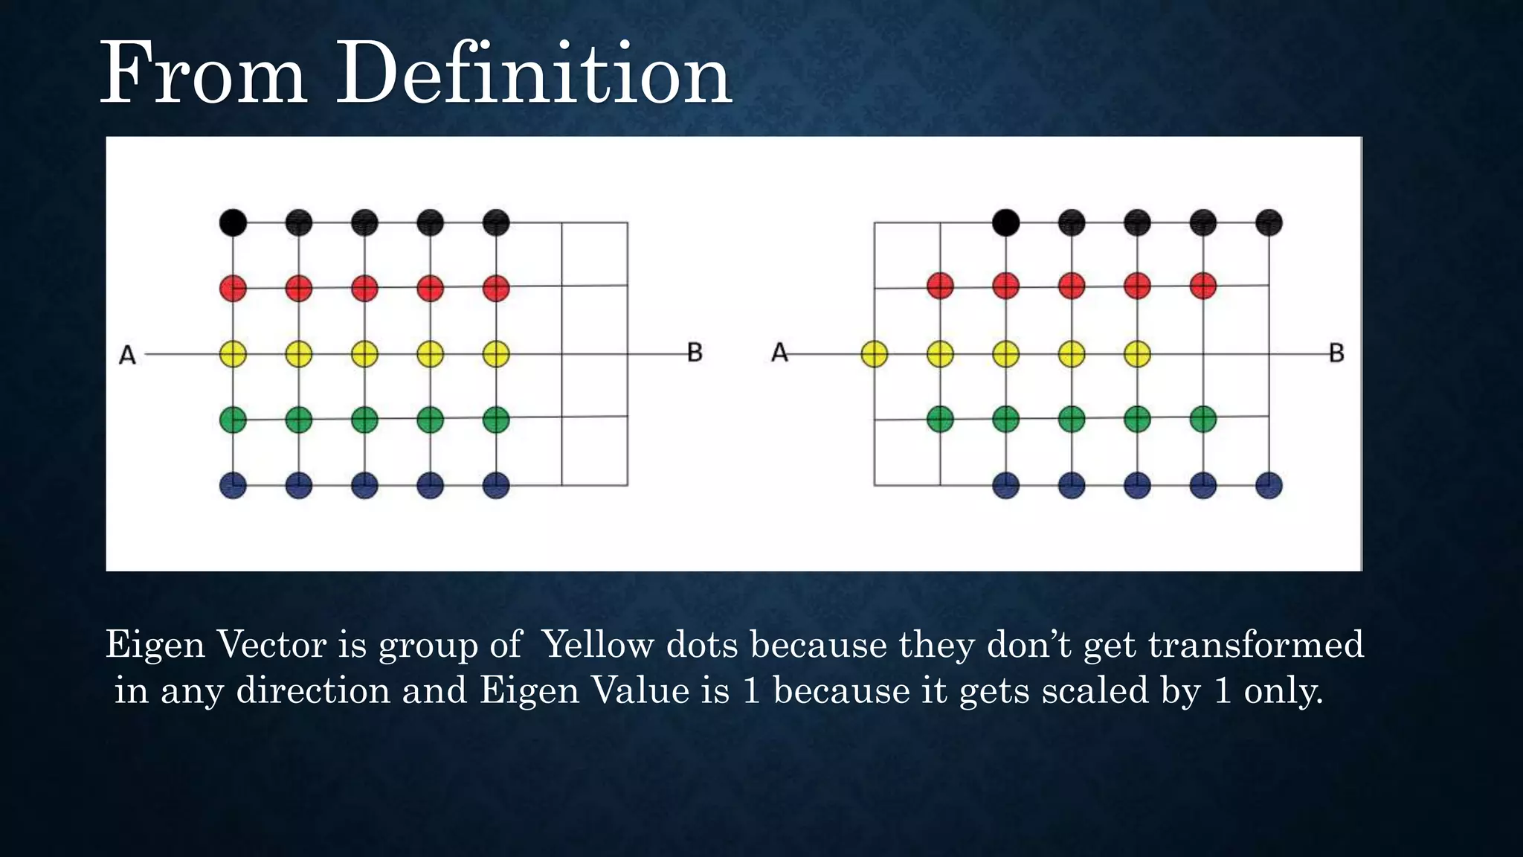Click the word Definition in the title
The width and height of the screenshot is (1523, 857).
(x=534, y=74)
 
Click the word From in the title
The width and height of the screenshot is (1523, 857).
(x=203, y=74)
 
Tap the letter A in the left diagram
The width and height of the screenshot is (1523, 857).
(x=127, y=356)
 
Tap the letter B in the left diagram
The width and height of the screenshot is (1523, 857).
(x=695, y=353)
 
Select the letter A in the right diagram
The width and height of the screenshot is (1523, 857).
(x=779, y=353)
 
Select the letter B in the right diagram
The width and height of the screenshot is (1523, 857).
(x=1336, y=353)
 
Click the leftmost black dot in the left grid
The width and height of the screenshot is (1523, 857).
(x=233, y=222)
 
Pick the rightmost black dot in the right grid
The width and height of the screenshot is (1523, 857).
(x=1269, y=222)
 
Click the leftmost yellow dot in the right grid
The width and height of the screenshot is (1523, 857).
(x=875, y=354)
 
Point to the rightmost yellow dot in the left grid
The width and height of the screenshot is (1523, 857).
(x=496, y=354)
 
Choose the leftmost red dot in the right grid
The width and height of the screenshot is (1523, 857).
(x=940, y=286)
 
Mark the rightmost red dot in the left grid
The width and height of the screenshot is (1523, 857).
(x=496, y=288)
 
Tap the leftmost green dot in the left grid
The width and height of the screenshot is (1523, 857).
(x=233, y=420)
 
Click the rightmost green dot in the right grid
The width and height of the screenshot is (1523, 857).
(x=1203, y=419)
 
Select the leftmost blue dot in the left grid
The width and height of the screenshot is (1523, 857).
(x=233, y=486)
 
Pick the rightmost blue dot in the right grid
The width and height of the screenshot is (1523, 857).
(x=1269, y=486)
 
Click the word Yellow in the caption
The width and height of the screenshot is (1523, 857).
(x=598, y=644)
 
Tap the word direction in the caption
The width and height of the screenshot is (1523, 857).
(x=313, y=690)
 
